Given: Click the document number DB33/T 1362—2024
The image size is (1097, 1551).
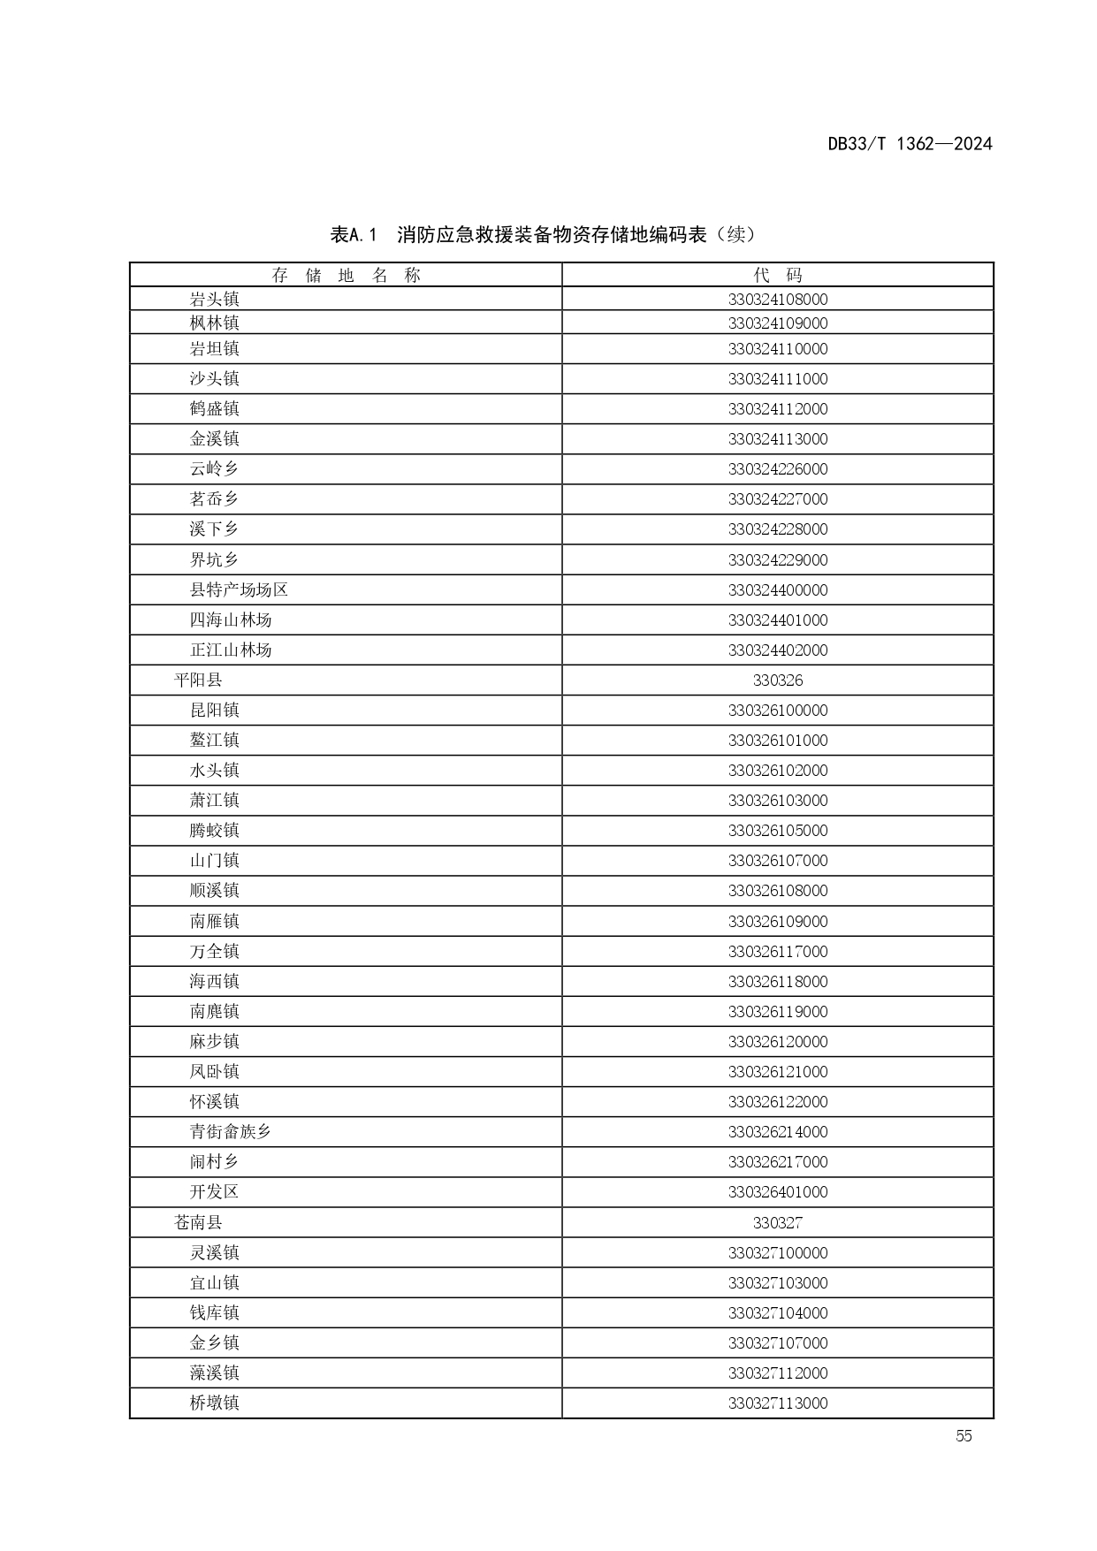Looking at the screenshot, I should pyautogui.click(x=910, y=144).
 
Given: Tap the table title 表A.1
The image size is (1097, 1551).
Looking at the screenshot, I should pyautogui.click(x=354, y=235).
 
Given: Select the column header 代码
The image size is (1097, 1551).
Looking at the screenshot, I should pyautogui.click(x=778, y=275).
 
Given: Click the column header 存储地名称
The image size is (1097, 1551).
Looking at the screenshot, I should pyautogui.click(x=346, y=275).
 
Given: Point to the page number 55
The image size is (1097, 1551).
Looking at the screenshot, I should pyautogui.click(x=964, y=1436).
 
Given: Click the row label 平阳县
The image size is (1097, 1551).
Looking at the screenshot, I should pyautogui.click(x=198, y=680).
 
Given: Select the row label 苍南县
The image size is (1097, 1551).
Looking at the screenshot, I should pyautogui.click(x=198, y=1222).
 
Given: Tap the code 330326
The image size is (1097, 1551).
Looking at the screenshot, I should pyautogui.click(x=778, y=680).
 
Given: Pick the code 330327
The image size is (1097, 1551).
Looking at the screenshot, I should pyautogui.click(x=778, y=1222).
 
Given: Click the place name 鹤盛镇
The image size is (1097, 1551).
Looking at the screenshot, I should pyautogui.click(x=215, y=408).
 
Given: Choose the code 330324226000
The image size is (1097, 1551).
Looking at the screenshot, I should pyautogui.click(x=778, y=468).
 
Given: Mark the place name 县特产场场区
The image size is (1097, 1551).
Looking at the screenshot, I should pyautogui.click(x=239, y=589).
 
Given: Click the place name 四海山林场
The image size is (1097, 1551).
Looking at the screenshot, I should pyautogui.click(x=231, y=620).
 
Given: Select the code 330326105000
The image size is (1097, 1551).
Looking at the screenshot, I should pyautogui.click(x=778, y=830).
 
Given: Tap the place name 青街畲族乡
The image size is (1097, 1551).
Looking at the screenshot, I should pyautogui.click(x=231, y=1131).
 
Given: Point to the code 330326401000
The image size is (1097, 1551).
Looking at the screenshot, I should pyautogui.click(x=778, y=1191).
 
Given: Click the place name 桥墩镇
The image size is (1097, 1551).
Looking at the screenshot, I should pyautogui.click(x=215, y=1403).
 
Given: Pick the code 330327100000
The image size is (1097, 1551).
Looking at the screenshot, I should pyautogui.click(x=778, y=1252).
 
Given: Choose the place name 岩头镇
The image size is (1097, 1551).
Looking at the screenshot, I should pyautogui.click(x=215, y=299).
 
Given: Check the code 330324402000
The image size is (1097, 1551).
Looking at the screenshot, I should pyautogui.click(x=778, y=650).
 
